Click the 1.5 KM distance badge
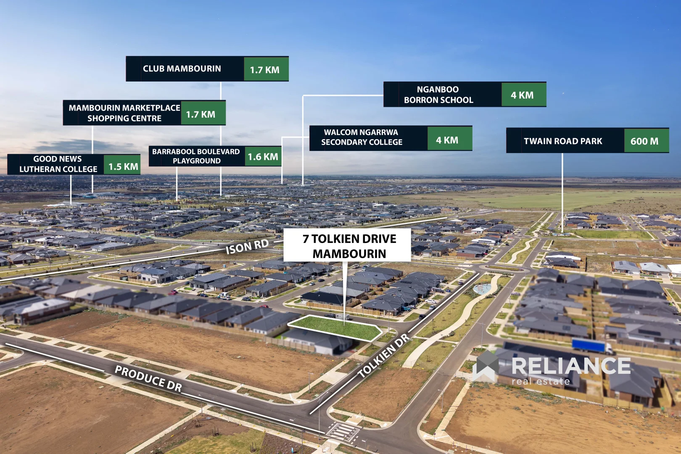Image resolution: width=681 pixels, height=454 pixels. point(123,166)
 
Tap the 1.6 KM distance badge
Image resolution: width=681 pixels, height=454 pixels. point(263,157)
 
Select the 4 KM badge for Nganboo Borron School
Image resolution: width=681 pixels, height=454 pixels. point(523,95)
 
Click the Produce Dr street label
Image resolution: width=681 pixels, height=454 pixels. point(148,378)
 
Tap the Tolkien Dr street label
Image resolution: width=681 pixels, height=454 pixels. point(383,355)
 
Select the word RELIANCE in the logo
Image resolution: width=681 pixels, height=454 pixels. point(571,366)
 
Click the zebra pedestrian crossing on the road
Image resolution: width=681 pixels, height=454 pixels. point(343,431)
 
